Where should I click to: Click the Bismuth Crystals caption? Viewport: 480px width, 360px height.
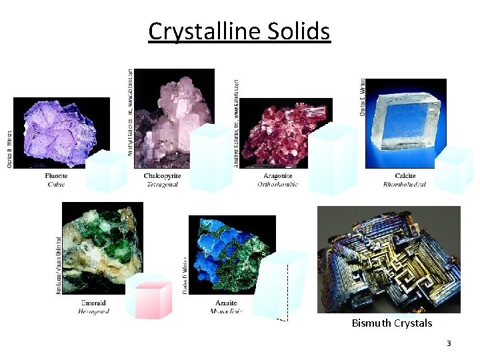[392, 323]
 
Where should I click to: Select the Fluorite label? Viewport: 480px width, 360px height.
[56, 176]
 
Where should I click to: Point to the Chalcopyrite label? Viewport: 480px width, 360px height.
[163, 176]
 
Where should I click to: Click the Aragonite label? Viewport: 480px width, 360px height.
[277, 176]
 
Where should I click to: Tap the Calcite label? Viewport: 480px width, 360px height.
[405, 176]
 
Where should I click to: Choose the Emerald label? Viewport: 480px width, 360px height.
[93, 303]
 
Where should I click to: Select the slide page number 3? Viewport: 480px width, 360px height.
[449, 343]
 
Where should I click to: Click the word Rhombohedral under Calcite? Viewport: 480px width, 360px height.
[405, 184]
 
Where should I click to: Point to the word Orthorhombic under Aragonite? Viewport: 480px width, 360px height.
[277, 184]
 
